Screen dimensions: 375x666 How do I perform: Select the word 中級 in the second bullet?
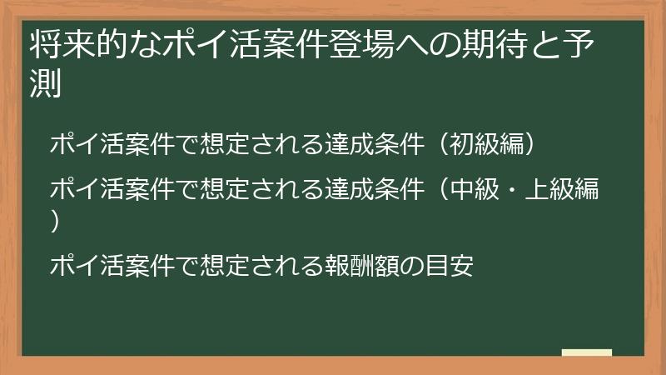click(x=469, y=190)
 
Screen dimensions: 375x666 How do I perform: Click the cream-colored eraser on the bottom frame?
click(x=586, y=353)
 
